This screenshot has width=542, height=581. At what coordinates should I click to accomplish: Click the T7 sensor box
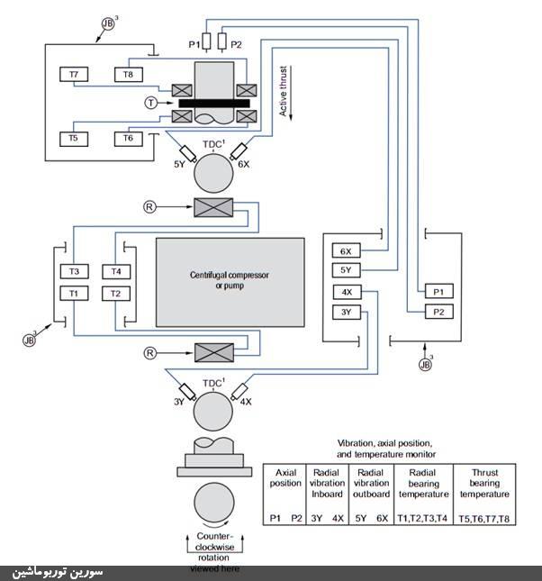[73, 74]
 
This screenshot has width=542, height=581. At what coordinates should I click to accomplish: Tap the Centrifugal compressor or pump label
[230, 280]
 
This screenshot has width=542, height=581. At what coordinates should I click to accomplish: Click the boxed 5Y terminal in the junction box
[347, 270]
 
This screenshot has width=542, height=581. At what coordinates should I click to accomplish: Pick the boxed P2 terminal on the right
[438, 312]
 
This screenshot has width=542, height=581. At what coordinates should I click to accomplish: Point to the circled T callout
[151, 104]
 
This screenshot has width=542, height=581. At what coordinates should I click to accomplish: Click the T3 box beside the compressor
[74, 271]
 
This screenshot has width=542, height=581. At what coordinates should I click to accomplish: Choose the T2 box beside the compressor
[115, 293]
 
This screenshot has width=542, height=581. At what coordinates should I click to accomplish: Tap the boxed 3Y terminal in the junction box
[347, 313]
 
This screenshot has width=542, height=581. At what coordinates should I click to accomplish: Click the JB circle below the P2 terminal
[426, 365]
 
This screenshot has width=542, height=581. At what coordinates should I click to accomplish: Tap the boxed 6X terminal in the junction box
[347, 250]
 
